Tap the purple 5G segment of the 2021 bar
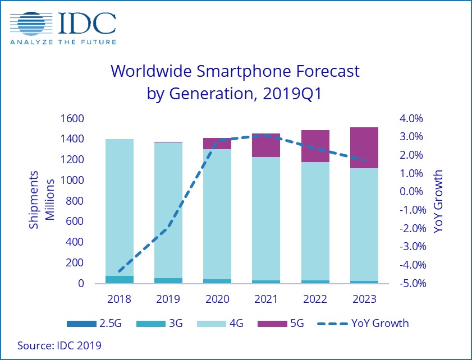pos(266,145)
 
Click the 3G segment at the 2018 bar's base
pos(120,279)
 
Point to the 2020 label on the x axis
pos(217,299)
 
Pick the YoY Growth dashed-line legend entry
pos(362,324)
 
